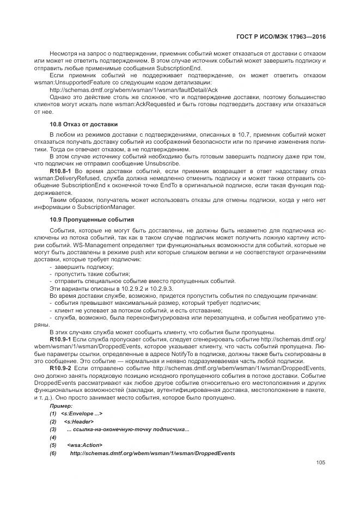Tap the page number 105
(320, 463)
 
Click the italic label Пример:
(60, 407)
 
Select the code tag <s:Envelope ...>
(82, 414)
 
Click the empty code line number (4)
(53, 437)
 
